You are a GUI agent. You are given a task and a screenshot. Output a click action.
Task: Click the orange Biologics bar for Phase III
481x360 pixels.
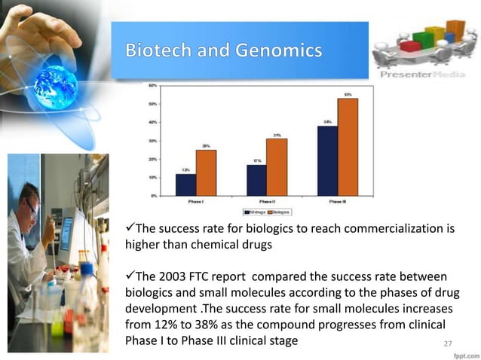point(348,147)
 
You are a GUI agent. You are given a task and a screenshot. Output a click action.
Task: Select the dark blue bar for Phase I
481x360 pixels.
point(185,185)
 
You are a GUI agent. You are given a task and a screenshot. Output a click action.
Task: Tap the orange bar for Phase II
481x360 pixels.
point(277,166)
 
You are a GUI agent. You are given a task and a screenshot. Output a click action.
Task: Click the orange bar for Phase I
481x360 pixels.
point(206,172)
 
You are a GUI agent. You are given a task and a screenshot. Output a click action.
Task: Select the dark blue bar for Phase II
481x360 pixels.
point(256,180)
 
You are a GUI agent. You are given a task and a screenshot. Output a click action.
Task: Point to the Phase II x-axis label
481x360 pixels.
point(266,201)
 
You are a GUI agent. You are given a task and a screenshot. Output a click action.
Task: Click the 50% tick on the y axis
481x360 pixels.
point(152,103)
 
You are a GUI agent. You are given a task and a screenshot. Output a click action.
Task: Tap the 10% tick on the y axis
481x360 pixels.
point(152,177)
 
